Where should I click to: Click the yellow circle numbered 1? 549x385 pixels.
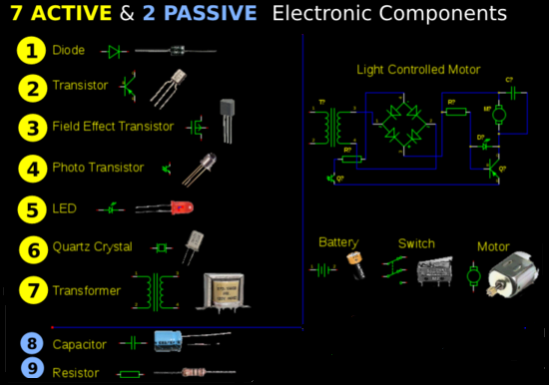coord(33,51)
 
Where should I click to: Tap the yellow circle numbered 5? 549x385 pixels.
coord(33,209)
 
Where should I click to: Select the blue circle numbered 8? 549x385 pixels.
coord(33,344)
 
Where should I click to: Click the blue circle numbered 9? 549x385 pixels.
coord(33,369)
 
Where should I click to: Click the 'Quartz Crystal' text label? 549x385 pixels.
coord(96,248)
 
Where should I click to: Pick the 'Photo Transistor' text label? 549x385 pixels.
coord(98,169)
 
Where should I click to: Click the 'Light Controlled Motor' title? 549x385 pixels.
coord(418,70)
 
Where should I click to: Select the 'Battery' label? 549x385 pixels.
coord(338,242)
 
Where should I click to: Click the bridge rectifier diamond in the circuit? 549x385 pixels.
coord(407,125)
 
